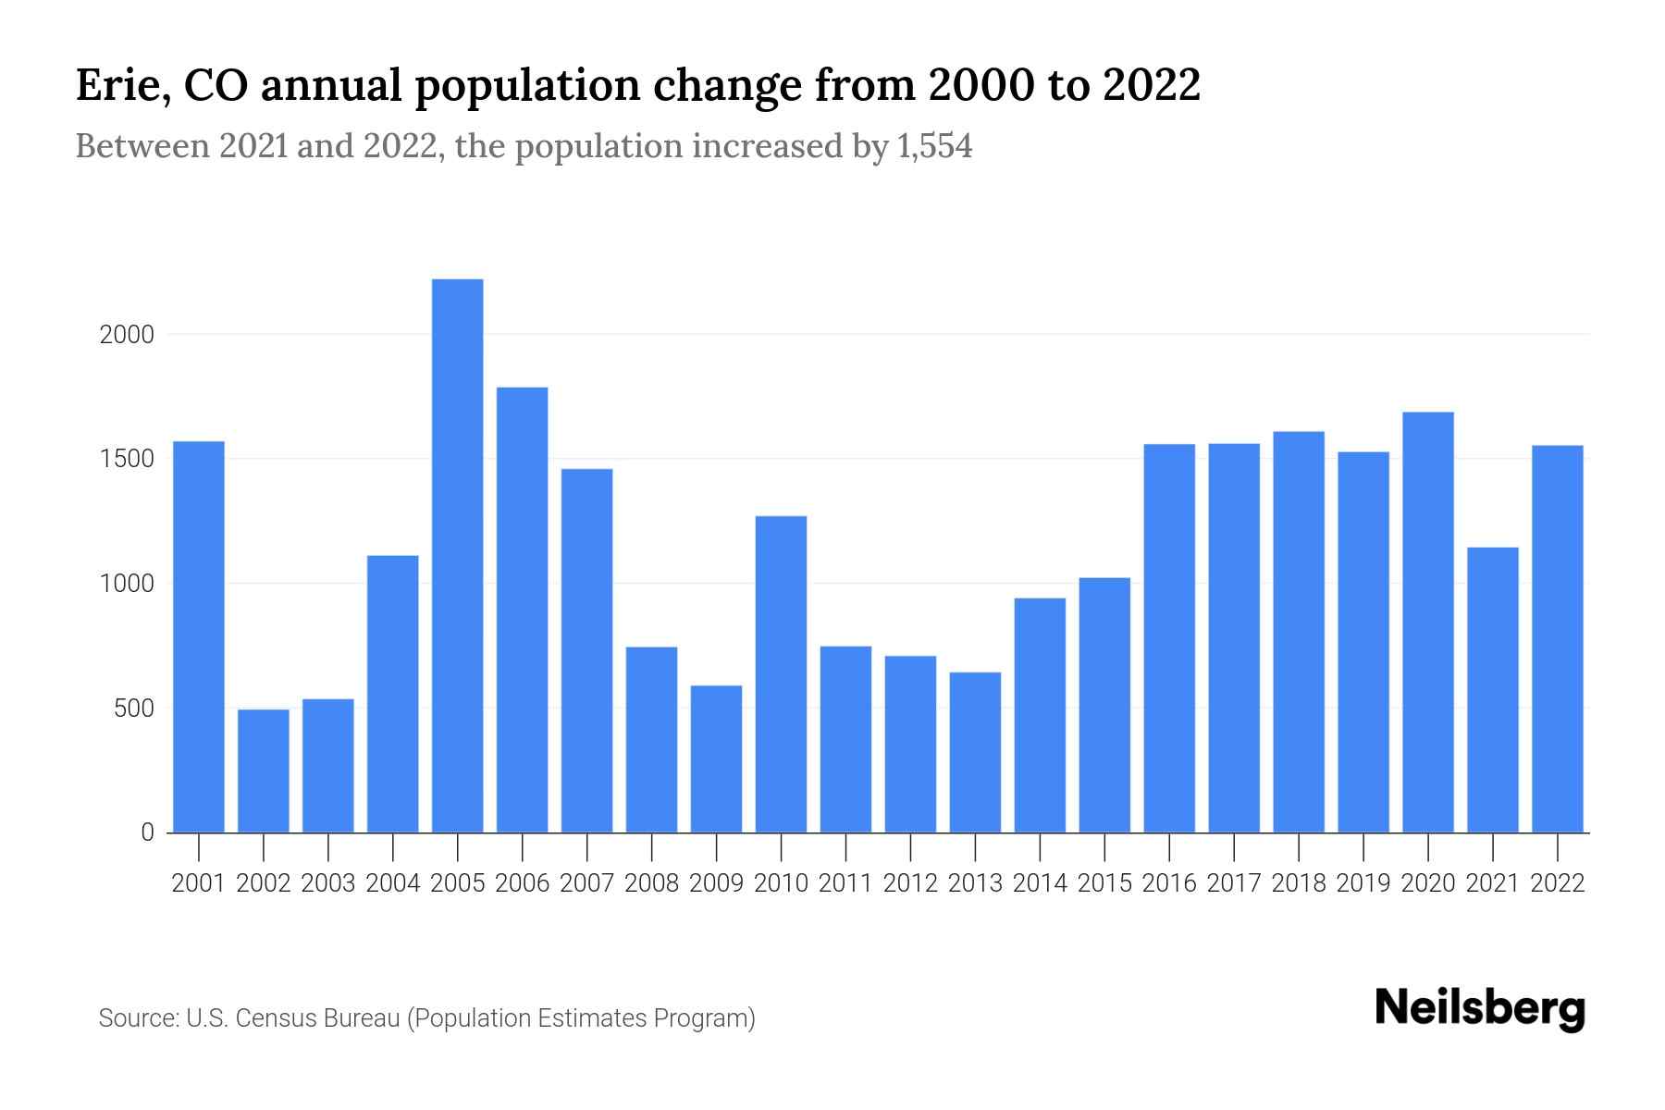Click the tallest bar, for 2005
tap(457, 555)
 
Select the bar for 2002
tap(264, 771)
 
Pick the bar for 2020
tap(1427, 622)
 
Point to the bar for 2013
tap(975, 752)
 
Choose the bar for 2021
tap(1492, 690)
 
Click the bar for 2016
tap(1169, 638)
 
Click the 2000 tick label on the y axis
tap(127, 335)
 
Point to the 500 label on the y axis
tap(133, 709)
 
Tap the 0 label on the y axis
tap(147, 832)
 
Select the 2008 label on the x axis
tap(651, 883)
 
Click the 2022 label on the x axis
tap(1558, 883)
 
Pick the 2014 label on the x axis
tap(1040, 883)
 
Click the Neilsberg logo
tap(1480, 1008)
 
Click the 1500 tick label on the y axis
tap(127, 460)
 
